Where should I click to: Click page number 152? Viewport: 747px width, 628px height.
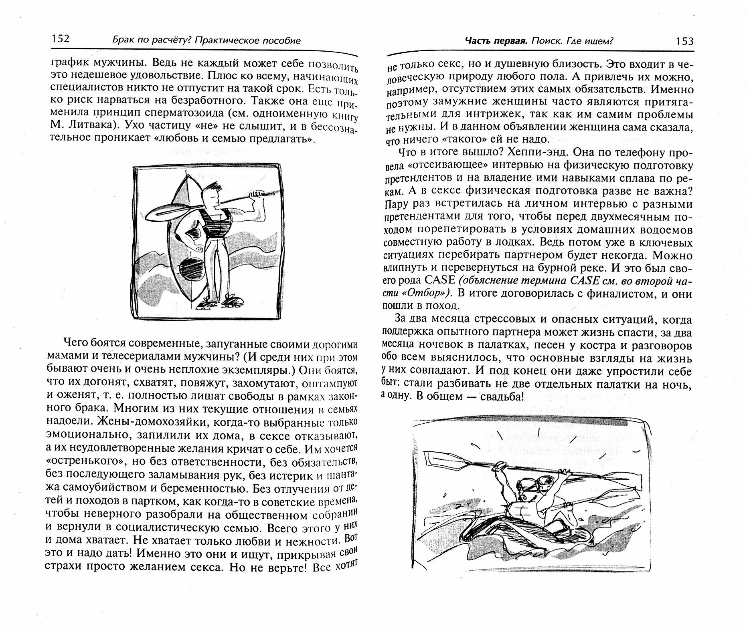click(60, 38)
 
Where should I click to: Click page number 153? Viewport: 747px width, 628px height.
click(684, 41)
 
